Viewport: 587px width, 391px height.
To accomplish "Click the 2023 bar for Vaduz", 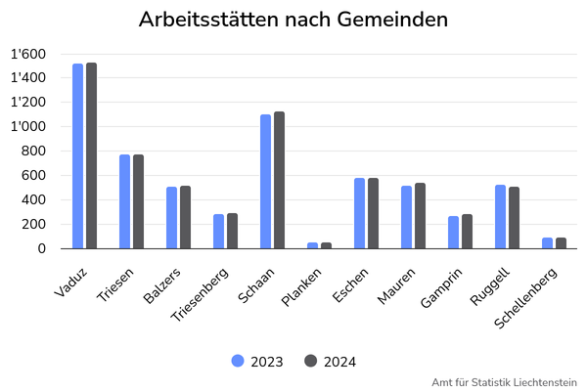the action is pyautogui.click(x=78, y=156).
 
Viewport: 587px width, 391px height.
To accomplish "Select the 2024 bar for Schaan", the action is pyautogui.click(x=279, y=180).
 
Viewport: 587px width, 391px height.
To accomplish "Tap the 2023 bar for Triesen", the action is pyautogui.click(x=124, y=201).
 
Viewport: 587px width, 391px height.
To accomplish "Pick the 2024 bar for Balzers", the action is pyautogui.click(x=185, y=217).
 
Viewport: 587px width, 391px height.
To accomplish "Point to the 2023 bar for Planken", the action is pyautogui.click(x=313, y=245).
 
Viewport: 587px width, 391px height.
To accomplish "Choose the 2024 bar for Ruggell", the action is pyautogui.click(x=514, y=218).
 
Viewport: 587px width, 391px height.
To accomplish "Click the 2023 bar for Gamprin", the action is pyautogui.click(x=453, y=233).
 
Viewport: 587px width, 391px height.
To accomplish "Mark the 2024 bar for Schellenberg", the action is pyautogui.click(x=561, y=243).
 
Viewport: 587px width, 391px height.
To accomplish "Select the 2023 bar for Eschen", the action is pyautogui.click(x=359, y=213).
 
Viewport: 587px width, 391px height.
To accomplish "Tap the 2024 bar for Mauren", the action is pyautogui.click(x=420, y=215).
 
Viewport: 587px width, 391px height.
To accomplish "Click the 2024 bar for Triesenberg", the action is pyautogui.click(x=232, y=231).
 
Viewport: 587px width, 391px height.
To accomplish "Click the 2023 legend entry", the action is pyautogui.click(x=257, y=362).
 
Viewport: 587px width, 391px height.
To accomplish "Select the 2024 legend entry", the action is pyautogui.click(x=330, y=362).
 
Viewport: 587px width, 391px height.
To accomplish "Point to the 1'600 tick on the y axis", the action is pyautogui.click(x=28, y=55).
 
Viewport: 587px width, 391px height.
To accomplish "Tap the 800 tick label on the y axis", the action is pyautogui.click(x=33, y=152).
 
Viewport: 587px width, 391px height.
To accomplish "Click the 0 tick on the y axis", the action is pyautogui.click(x=41, y=248).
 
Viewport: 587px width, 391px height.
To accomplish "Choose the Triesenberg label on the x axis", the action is pyautogui.click(x=200, y=294).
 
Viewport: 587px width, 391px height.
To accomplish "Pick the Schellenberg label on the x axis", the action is pyautogui.click(x=525, y=298).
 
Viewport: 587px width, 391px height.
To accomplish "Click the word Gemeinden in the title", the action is pyautogui.click(x=392, y=20).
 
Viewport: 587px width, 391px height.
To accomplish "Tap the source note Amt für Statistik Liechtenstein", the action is pyautogui.click(x=504, y=383).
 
